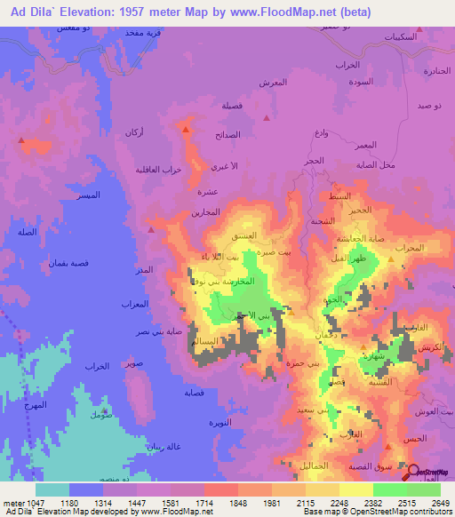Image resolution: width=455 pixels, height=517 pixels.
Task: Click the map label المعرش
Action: coord(273,83)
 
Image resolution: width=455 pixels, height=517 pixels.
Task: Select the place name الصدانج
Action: coord(227,135)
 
